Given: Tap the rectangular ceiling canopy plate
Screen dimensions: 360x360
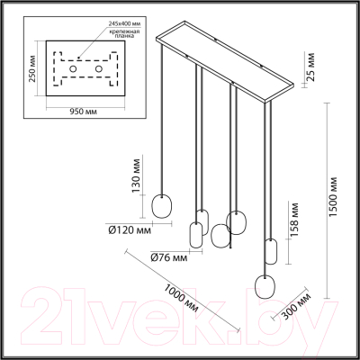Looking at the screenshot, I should pos(225,58).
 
